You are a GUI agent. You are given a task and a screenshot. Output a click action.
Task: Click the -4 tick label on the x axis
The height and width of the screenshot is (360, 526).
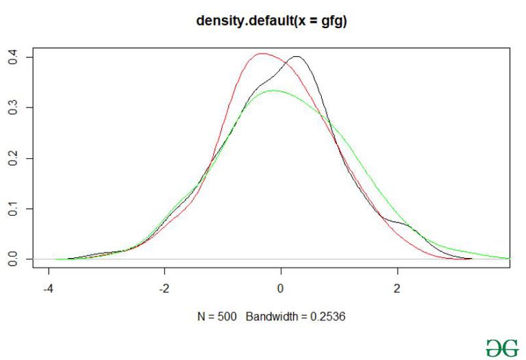(48, 288)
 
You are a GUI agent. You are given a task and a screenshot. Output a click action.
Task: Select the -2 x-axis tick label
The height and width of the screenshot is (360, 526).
(164, 288)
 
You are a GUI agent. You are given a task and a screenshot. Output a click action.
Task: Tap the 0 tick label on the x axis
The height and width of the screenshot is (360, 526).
(281, 288)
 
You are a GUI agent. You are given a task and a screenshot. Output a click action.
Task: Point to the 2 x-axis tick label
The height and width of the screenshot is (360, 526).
(397, 288)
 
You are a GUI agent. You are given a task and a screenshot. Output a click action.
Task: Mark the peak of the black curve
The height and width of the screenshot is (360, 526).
(297, 57)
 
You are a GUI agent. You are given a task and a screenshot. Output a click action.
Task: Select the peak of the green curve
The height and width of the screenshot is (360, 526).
(273, 90)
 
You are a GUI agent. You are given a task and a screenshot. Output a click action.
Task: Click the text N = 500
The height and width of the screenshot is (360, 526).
(218, 317)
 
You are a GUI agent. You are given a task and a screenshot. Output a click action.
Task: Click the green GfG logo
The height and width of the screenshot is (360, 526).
(502, 347)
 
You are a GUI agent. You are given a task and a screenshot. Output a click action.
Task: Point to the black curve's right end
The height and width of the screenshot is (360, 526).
(471, 259)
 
